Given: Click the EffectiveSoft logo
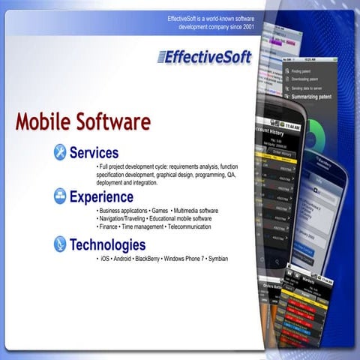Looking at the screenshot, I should point(204,56).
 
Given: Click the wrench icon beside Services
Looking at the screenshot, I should point(60,153).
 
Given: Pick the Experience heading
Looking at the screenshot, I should point(101,197).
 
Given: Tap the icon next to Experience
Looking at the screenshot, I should point(60,197).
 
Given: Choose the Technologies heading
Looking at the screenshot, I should point(107,244).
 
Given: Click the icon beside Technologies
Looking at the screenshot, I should point(60,244).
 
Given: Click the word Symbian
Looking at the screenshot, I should point(217,259).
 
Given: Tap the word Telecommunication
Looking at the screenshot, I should point(188,226).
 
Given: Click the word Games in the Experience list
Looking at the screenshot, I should point(159,211).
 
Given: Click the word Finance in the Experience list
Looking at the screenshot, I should point(110,226).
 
